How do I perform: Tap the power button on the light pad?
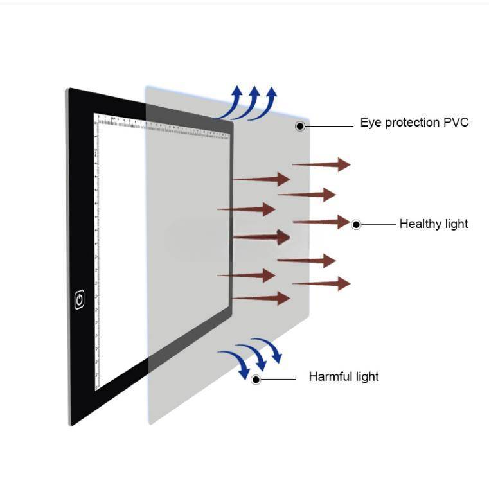pyautogui.click(x=80, y=299)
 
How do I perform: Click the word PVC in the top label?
pyautogui.click(x=456, y=122)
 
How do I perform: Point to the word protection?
pyautogui.click(x=412, y=123)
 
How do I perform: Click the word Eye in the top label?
pyautogui.click(x=370, y=123)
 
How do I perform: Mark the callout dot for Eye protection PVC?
pyautogui.click(x=300, y=126)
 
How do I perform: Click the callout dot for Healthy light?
pyautogui.click(x=356, y=225)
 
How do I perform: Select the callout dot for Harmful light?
pyautogui.click(x=256, y=380)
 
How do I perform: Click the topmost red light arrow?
pyautogui.click(x=321, y=164)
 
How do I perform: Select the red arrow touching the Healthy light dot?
pyautogui.click(x=321, y=222)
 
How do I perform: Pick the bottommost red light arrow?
pyautogui.click(x=261, y=298)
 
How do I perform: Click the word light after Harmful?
pyautogui.click(x=366, y=376)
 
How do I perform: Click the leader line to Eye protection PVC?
pyautogui.click(x=329, y=126)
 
